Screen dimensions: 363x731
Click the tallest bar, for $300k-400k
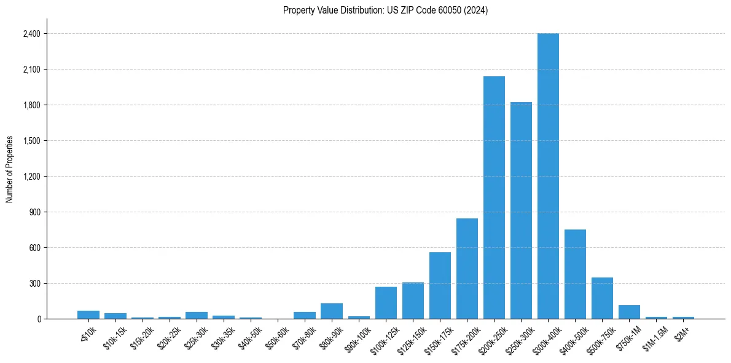pos(548,176)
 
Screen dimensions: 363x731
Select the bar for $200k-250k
pos(494,197)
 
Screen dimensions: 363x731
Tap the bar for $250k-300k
pos(521,210)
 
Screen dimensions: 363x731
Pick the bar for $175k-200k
pos(467,269)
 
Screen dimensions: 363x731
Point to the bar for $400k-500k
pos(575,274)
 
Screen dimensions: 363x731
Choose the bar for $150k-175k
pos(440,285)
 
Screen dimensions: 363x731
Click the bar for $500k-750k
pos(602,298)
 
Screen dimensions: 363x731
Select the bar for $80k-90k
pos(332,311)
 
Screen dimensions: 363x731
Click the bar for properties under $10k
pos(88,315)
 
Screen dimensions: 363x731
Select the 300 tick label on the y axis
pos(34,284)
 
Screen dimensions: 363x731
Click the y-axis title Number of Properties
pos(10,169)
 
